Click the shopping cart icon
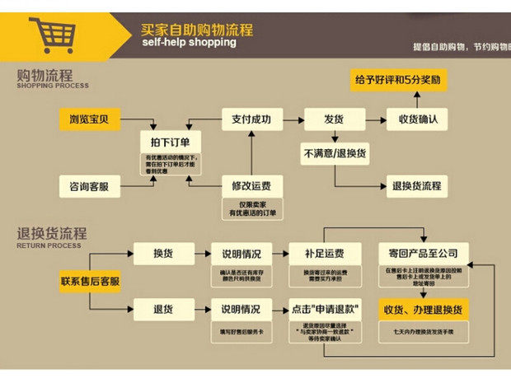coord(50,35)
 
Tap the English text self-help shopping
coord(189,43)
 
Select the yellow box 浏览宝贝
coord(90,119)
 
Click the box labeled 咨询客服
coord(90,186)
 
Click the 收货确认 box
coord(418,119)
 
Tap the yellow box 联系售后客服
coord(90,282)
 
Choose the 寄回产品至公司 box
coord(424,253)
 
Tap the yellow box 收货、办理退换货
coord(424,310)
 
